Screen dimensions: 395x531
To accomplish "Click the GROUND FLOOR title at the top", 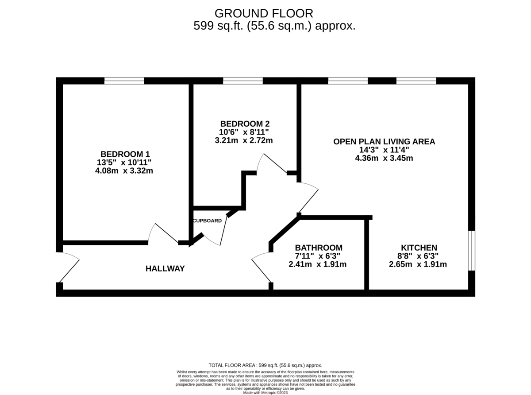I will (x=264, y=13).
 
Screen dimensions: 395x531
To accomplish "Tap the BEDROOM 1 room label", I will (x=125, y=154).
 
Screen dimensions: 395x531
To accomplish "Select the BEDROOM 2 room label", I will (x=245, y=124).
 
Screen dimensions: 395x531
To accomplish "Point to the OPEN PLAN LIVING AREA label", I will (x=384, y=142).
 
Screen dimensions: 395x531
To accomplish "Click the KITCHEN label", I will (x=419, y=248).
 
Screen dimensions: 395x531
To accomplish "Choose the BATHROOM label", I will (x=319, y=248).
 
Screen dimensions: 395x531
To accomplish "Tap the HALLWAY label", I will (x=165, y=268).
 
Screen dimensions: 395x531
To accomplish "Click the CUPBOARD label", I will (x=207, y=221).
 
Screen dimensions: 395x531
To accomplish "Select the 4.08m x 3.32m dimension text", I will (x=124, y=170).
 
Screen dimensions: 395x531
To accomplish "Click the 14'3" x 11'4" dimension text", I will (x=384, y=150).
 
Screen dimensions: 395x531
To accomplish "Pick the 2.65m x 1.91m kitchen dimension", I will (x=418, y=264).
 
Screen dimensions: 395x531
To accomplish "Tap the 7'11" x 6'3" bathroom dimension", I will (x=318, y=256).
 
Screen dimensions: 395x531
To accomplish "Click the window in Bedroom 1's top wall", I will (x=124, y=81).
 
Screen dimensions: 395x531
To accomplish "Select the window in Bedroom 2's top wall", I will (x=242, y=81).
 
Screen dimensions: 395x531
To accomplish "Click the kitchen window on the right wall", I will (x=472, y=250).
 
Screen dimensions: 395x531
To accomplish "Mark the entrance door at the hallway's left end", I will (x=68, y=267).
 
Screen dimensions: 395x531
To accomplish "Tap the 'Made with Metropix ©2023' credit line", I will (x=265, y=392).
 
